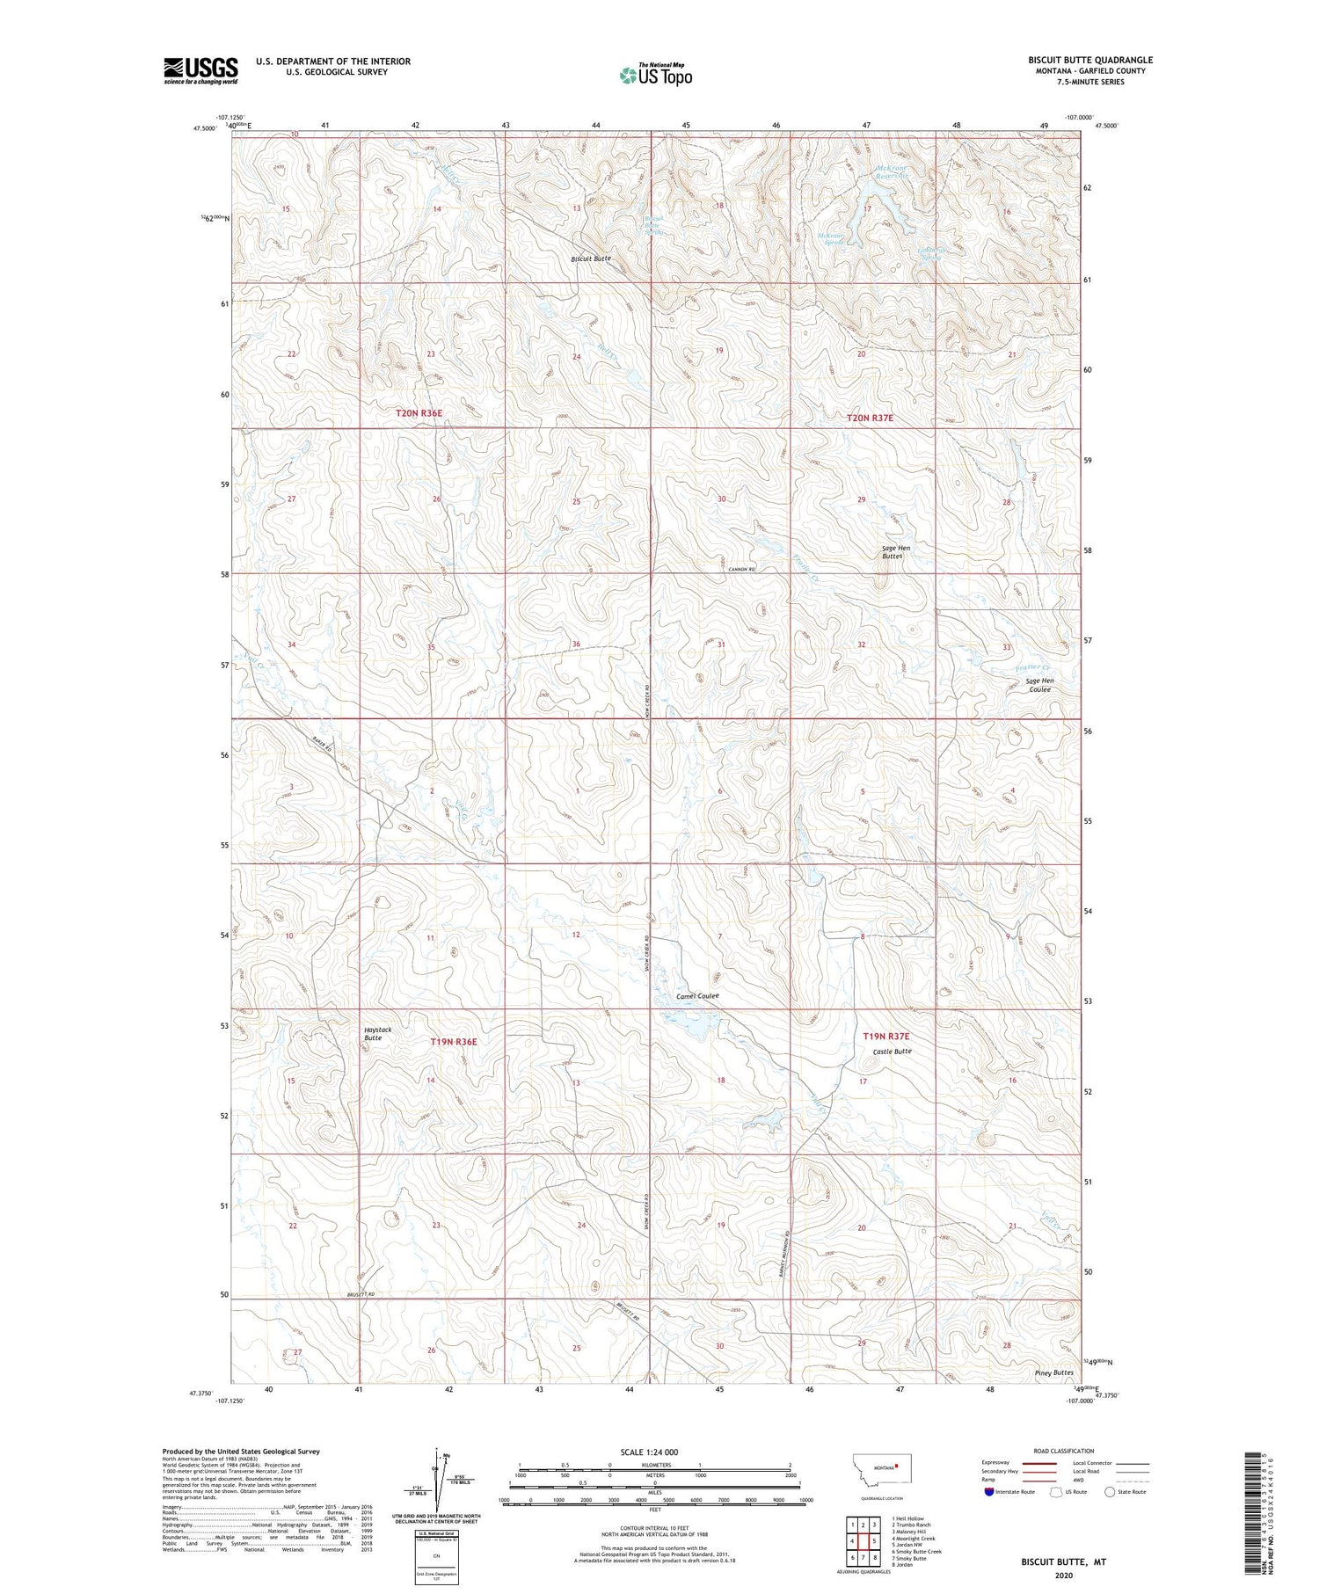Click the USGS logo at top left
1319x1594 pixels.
pos(200,70)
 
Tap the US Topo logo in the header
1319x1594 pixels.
pos(656,76)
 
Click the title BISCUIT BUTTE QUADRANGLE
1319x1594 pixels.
pos(1089,60)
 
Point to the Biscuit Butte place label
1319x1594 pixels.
pos(590,259)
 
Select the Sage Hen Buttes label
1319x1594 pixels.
pos(896,552)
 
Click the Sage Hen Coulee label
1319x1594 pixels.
pos(1039,685)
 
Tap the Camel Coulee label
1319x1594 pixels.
pos(697,996)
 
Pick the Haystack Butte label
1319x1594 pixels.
pos(378,1033)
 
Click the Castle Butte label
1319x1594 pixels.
pos(892,1052)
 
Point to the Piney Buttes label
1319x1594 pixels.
pos(1053,1372)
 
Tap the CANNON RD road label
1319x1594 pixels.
pos(742,570)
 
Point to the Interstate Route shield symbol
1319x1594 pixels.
pos(988,1492)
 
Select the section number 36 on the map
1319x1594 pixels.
pos(576,644)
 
